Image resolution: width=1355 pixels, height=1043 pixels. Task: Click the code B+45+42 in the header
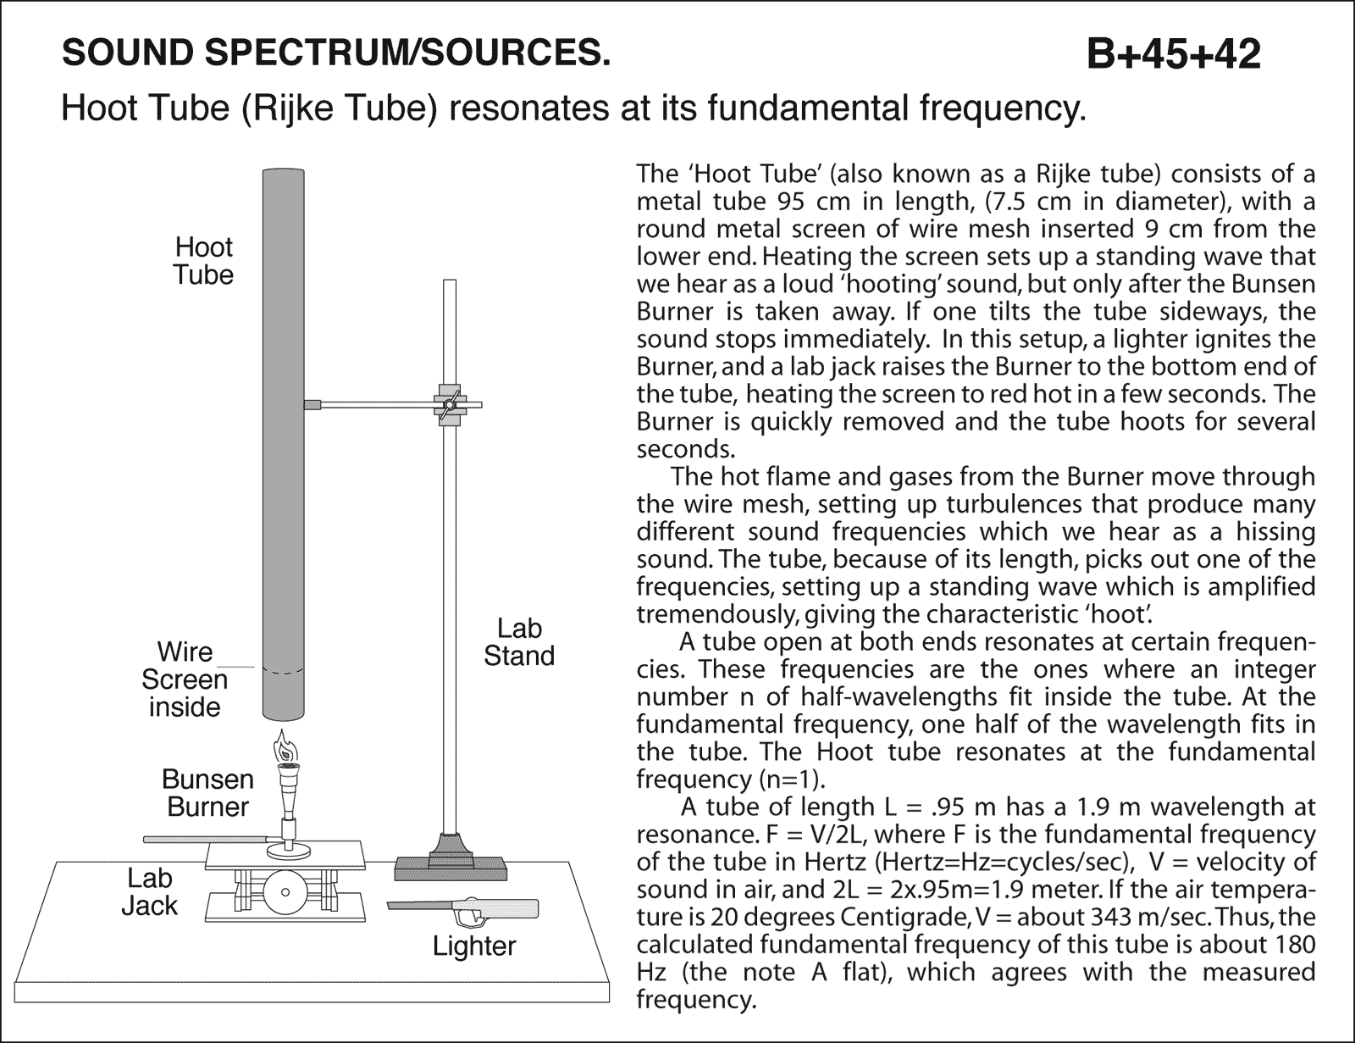[1174, 54]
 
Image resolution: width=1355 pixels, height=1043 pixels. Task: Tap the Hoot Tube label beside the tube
[203, 261]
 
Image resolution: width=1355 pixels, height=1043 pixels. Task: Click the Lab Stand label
[518, 642]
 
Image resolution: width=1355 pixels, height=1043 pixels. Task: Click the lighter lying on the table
[464, 912]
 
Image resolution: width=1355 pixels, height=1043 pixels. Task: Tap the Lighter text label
[473, 946]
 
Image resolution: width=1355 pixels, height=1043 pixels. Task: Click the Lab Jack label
[149, 891]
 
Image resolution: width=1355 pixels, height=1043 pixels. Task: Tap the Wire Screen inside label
[185, 680]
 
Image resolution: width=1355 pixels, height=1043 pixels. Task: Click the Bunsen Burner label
[207, 792]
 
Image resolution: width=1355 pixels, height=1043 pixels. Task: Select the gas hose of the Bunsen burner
[203, 840]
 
